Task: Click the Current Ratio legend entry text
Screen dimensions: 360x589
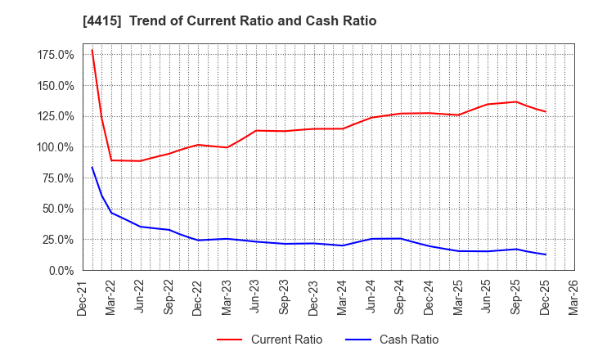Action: point(286,340)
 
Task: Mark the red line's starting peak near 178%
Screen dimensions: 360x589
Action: point(92,50)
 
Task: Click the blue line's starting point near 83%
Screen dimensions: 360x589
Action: point(92,168)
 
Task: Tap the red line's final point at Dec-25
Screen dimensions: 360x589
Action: point(545,112)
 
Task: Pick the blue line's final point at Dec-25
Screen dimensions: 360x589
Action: point(545,254)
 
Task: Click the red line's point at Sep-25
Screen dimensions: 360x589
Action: point(516,101)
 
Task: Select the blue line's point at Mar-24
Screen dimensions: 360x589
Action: point(343,245)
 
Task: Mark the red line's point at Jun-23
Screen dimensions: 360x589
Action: point(256,131)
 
